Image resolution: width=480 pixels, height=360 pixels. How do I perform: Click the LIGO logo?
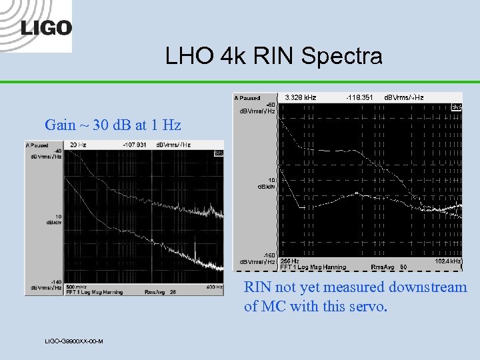(45, 27)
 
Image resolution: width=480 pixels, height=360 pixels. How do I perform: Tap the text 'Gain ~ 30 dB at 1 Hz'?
(113, 125)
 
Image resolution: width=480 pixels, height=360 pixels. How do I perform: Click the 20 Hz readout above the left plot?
(82, 145)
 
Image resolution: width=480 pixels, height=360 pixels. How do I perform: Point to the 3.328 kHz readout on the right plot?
(300, 97)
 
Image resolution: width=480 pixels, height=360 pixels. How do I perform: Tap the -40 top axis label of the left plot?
(59, 151)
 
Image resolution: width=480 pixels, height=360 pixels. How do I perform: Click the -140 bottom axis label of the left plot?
(57, 283)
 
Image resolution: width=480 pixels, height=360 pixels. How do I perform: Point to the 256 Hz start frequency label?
(289, 261)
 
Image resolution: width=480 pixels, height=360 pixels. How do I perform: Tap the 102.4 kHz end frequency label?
(448, 261)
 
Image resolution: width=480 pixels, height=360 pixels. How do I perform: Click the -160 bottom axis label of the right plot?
(269, 256)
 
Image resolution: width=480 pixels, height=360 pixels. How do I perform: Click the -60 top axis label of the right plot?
(270, 104)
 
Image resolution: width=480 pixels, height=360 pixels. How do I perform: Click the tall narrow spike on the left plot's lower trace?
(195, 251)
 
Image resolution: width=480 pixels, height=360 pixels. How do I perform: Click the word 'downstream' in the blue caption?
(428, 287)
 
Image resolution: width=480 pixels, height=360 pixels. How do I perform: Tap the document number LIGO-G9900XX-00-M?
(73, 341)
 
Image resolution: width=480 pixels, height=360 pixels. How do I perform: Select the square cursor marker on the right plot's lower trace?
(357, 193)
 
